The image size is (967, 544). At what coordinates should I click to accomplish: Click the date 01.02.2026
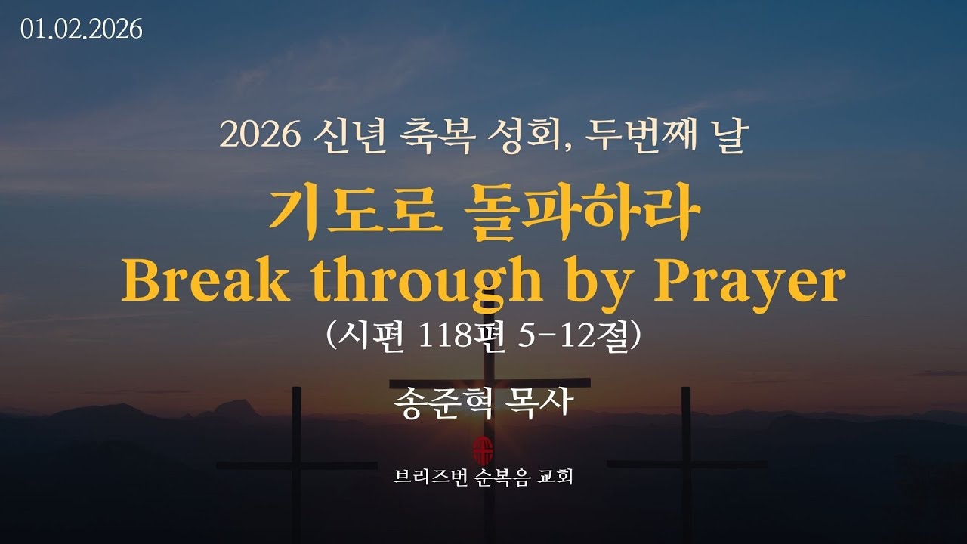coord(82,29)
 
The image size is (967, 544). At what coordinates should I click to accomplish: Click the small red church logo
coord(482,451)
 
